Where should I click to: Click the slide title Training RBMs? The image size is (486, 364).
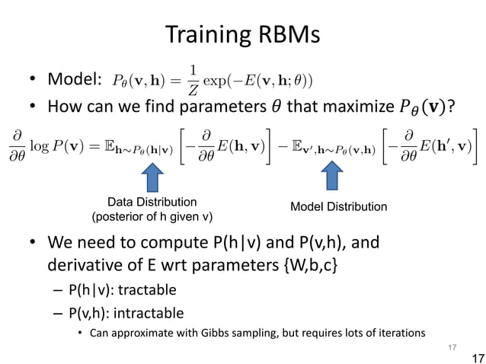(x=243, y=36)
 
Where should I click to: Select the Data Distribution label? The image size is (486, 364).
(x=152, y=202)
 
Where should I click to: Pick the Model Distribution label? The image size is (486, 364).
(x=340, y=207)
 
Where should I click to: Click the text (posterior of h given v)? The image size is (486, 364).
(x=152, y=217)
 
